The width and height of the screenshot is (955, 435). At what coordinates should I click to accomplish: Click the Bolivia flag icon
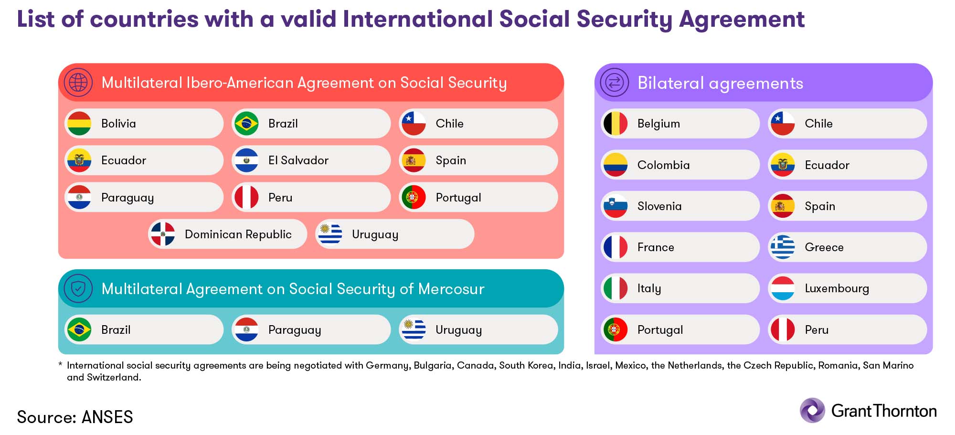coord(79,124)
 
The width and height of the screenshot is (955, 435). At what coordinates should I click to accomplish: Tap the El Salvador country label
coord(298,160)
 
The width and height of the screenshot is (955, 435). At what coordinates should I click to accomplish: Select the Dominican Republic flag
coord(163,234)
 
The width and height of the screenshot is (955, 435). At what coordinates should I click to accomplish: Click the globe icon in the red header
coord(78,82)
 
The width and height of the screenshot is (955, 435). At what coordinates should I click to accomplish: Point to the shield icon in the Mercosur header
coord(78,288)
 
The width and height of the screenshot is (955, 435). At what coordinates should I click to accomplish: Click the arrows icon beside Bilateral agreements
coord(615,83)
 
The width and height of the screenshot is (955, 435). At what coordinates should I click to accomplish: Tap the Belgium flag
coord(615,124)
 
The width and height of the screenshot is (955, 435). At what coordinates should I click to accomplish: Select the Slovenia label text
coord(659,206)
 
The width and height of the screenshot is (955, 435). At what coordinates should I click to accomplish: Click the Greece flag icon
coord(783,247)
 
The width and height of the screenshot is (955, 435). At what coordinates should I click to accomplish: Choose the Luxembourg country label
coord(837,288)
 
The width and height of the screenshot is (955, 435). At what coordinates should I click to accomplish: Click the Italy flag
coord(615,288)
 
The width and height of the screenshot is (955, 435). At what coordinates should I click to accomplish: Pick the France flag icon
coord(615,247)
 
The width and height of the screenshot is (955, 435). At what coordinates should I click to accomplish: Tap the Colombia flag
coord(615,165)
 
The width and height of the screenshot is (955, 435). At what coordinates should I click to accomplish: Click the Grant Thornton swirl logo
coord(812,411)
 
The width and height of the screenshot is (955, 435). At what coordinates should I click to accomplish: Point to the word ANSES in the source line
coord(107,417)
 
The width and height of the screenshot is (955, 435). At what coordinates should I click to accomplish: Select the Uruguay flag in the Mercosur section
coord(414,329)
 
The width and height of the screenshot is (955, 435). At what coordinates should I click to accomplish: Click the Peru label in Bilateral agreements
coord(817,330)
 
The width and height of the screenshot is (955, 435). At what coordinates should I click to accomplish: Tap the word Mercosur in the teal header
coord(451,289)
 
